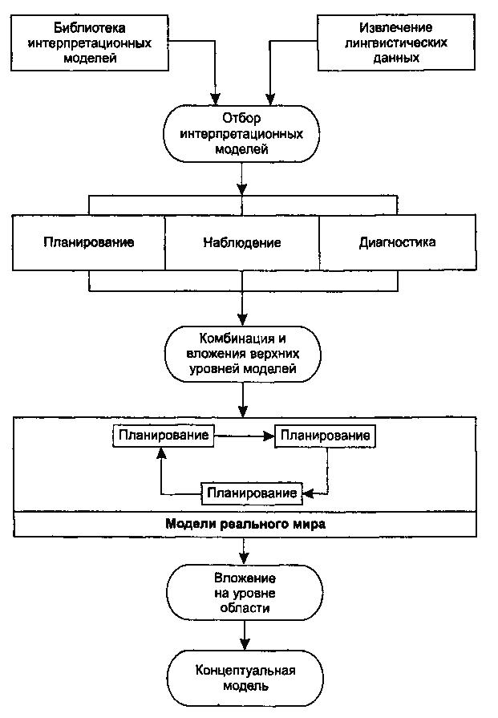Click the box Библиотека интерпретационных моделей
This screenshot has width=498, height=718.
90,43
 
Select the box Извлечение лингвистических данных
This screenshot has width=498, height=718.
396,43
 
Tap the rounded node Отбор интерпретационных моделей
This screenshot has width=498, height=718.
241,134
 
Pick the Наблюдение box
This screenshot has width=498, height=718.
242,242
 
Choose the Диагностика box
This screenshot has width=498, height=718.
397,242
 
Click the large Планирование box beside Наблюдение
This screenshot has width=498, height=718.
89,242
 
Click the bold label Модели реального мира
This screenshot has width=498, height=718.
245,523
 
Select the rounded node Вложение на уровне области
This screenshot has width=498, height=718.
245,593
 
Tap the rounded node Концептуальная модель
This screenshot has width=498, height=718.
245,678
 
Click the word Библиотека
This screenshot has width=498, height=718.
90,27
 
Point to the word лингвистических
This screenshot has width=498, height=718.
396,43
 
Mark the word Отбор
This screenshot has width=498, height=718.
241,119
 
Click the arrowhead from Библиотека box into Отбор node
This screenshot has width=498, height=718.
215,99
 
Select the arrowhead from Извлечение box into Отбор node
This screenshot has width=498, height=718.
270,99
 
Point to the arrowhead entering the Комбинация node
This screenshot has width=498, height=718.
243,319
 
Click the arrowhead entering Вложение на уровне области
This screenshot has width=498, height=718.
245,558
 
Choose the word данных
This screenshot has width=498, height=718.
396,58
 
